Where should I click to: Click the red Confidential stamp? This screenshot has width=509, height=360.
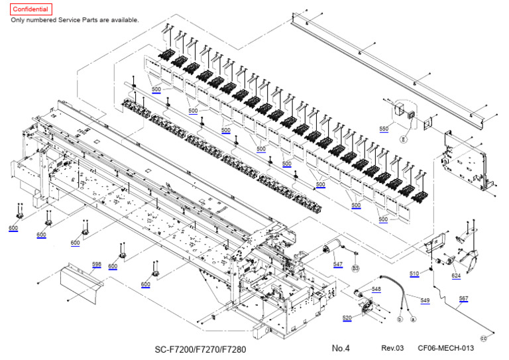30,10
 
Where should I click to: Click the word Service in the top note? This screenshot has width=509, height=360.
84,20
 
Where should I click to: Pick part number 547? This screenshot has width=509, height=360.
338,264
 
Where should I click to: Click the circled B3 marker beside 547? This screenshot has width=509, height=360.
355,269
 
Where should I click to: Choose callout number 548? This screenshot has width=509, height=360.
376,289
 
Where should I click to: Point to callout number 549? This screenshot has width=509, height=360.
425,300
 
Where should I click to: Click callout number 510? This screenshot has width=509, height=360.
414,273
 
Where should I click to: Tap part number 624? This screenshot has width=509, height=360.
456,275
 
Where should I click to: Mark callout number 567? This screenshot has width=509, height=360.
463,299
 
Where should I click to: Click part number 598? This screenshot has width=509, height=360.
96,264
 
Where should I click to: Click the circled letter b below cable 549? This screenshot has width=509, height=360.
400,320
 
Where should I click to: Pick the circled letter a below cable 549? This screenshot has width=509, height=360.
413,320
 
